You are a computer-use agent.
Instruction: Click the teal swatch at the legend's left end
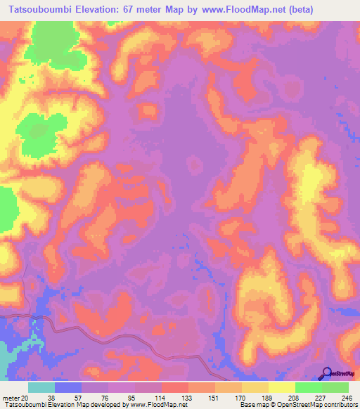pyautogui.click(x=41, y=387)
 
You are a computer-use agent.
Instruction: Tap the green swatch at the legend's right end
pyautogui.click(x=335, y=387)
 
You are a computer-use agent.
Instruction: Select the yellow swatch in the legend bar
pyautogui.click(x=281, y=387)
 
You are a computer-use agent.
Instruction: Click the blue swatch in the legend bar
pyautogui.click(x=68, y=387)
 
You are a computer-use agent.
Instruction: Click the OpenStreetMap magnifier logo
pyautogui.click(x=326, y=372)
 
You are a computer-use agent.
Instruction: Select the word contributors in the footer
pyautogui.click(x=340, y=404)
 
